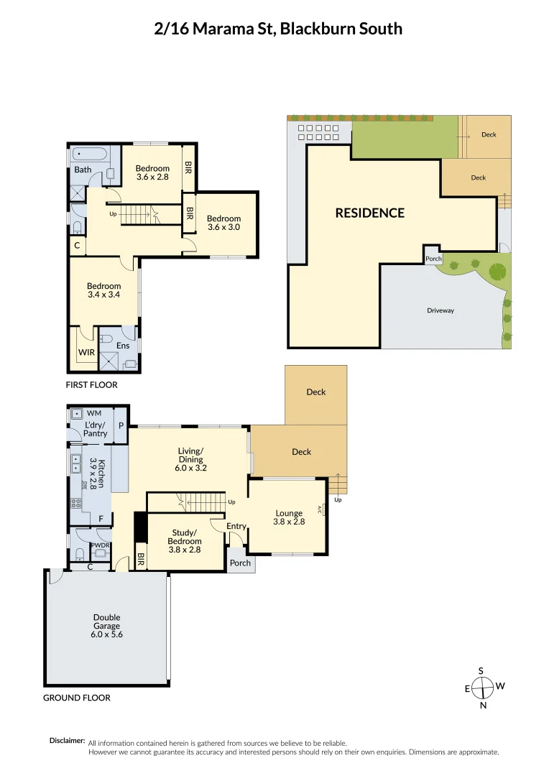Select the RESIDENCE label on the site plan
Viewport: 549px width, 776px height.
tap(369, 213)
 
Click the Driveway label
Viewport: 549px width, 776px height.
tap(440, 310)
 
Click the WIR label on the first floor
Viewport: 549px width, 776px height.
tap(86, 353)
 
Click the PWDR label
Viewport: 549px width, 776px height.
tap(100, 545)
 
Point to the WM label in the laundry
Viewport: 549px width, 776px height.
tap(93, 414)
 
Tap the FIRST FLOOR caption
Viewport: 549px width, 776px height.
tap(91, 385)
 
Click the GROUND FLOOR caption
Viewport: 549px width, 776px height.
tap(77, 698)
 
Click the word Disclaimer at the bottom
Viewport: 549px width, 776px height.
tap(67, 741)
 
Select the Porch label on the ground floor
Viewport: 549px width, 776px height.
tap(240, 563)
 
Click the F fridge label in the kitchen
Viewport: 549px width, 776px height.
tap(101, 518)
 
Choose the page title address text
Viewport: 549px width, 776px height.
tap(278, 29)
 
